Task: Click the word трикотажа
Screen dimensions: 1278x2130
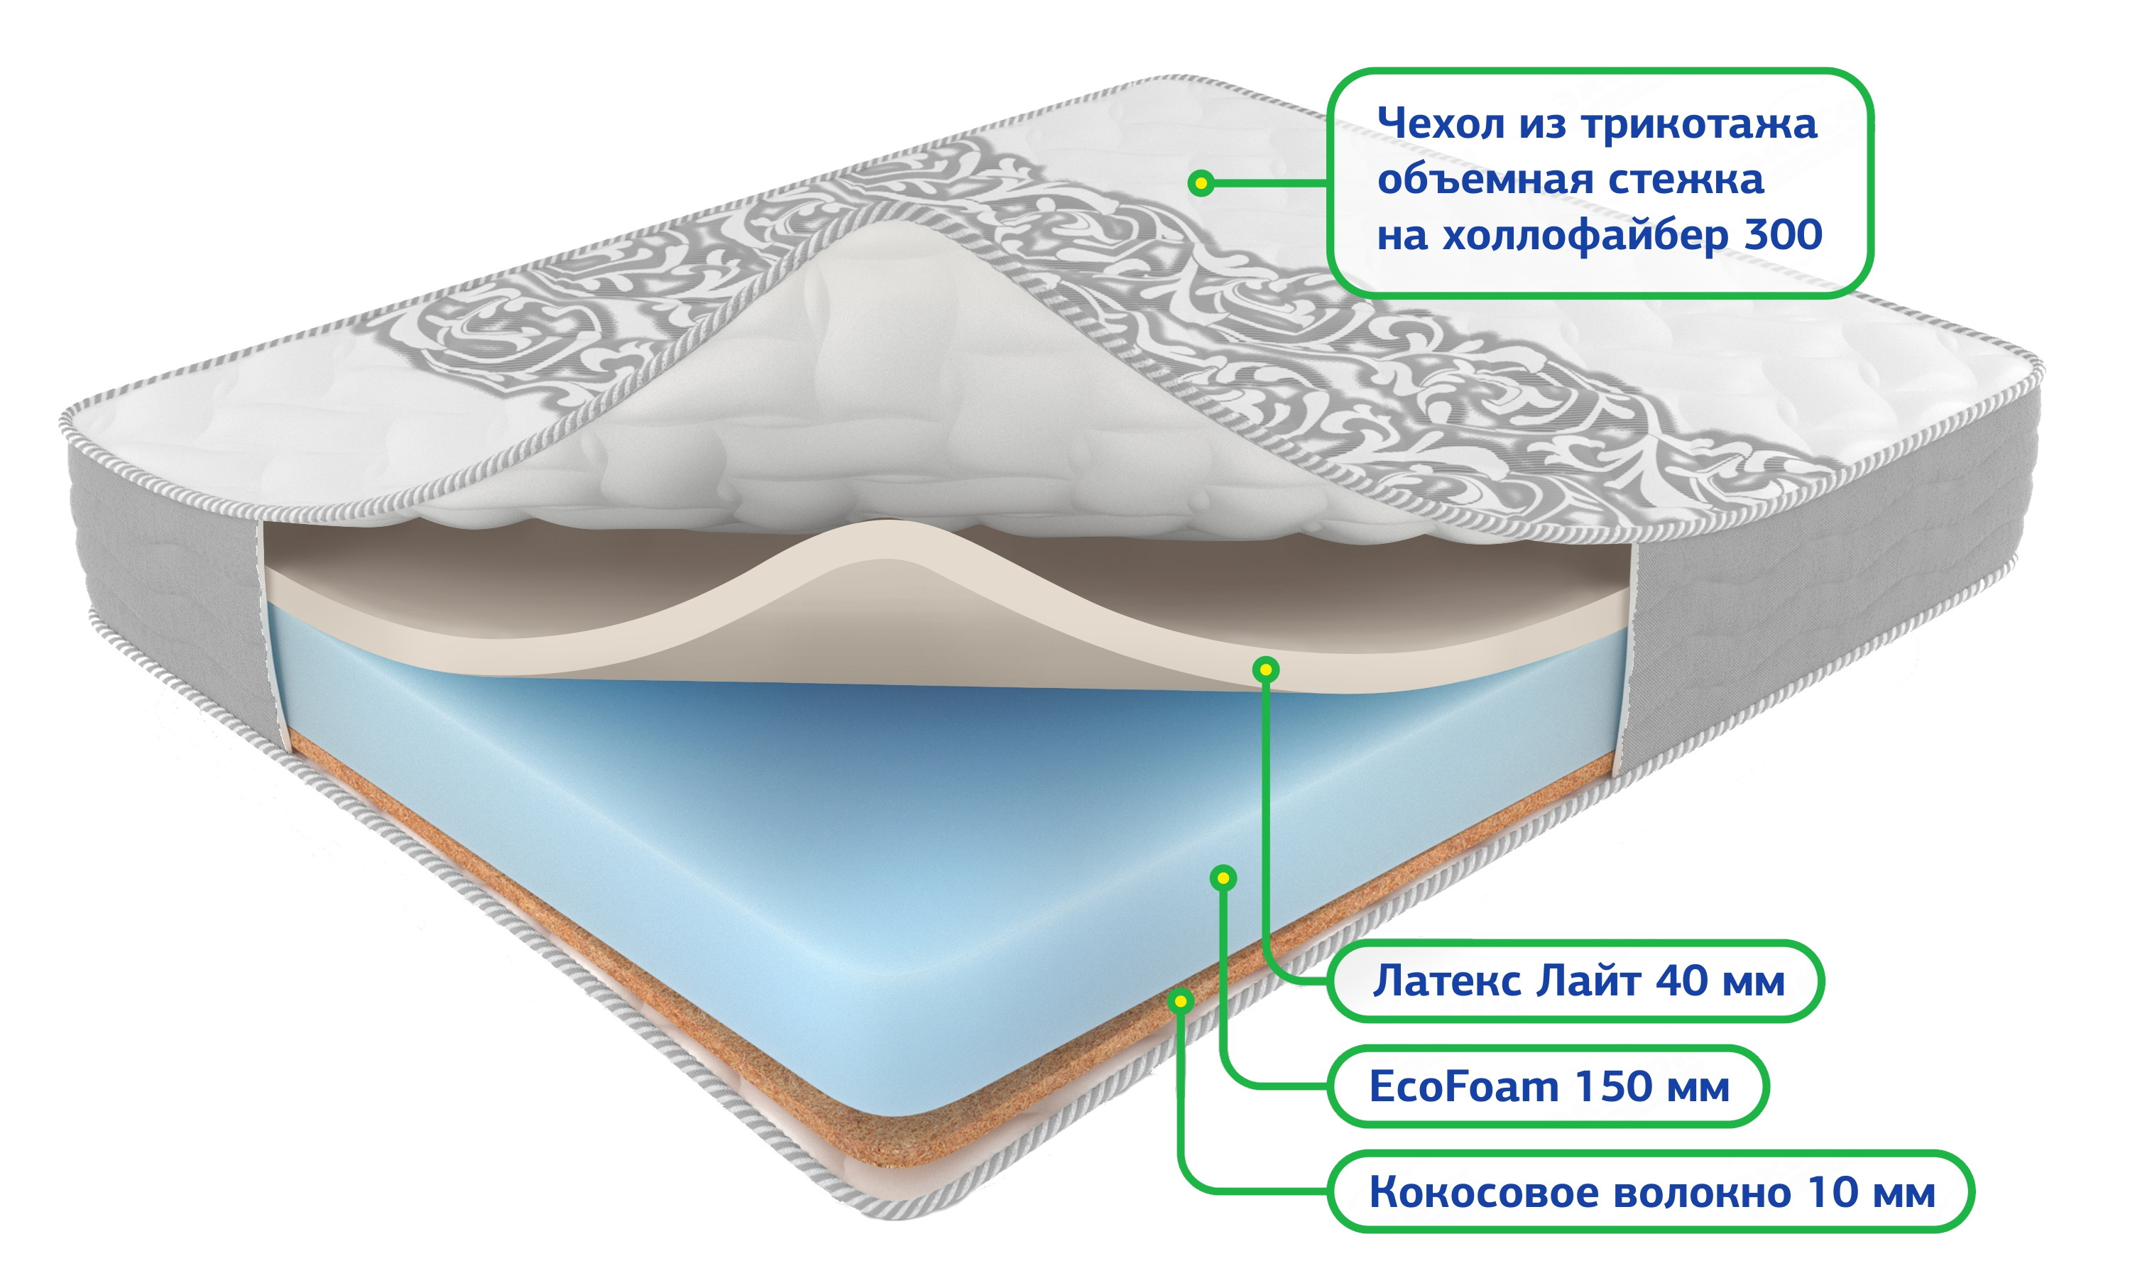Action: point(1700,124)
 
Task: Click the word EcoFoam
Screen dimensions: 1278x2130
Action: point(1463,1087)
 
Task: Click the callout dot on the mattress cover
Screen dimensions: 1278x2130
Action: point(1201,182)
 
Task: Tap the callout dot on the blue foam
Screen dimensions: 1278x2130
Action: point(1223,878)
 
